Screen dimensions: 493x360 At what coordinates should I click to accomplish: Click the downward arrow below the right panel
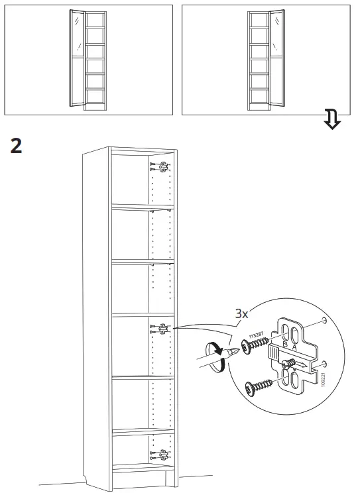coord(331,121)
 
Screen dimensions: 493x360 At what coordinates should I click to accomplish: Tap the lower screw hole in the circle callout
coord(323,364)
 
